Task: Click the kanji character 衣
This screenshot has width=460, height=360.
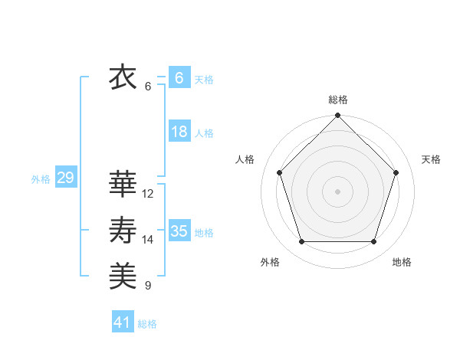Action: (x=123, y=78)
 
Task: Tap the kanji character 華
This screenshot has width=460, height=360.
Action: (x=123, y=185)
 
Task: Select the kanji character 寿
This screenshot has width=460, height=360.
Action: (x=123, y=231)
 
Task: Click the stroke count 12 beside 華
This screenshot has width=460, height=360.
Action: (x=148, y=194)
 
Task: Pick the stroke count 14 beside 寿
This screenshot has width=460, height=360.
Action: (x=148, y=240)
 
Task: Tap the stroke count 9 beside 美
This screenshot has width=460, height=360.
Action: (x=148, y=286)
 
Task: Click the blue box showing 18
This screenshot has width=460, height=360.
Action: (x=179, y=132)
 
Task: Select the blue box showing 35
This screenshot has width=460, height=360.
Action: (x=179, y=231)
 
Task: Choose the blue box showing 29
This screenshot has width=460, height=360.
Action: (x=65, y=178)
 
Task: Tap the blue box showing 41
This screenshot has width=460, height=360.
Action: (x=123, y=322)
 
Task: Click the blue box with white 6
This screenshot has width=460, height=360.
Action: (x=179, y=78)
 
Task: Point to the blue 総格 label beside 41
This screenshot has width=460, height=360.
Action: (x=147, y=324)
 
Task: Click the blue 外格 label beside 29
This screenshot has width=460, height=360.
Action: (x=41, y=180)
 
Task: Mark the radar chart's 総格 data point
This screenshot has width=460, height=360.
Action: (x=337, y=116)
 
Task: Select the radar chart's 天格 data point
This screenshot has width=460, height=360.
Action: (x=396, y=172)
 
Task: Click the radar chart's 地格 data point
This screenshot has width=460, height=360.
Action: (x=374, y=242)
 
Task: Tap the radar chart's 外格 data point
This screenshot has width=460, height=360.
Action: (x=301, y=242)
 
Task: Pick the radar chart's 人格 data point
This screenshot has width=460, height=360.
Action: (x=279, y=172)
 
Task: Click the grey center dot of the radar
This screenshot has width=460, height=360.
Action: (x=337, y=191)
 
